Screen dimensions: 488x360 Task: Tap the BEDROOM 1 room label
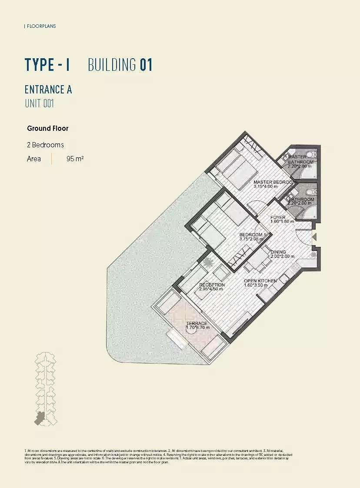[x=252, y=235]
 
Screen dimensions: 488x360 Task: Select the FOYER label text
[x=278, y=217]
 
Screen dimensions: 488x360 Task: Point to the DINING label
[x=278, y=252]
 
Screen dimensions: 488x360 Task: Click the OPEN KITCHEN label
[x=260, y=281]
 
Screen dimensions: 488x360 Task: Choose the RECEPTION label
[x=212, y=285]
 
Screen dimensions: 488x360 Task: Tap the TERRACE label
[x=197, y=323]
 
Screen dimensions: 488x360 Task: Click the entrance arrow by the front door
[x=314, y=237]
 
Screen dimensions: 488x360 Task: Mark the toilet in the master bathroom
[x=309, y=155]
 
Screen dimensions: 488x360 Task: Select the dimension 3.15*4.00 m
[x=265, y=186]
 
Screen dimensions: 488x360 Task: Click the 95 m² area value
[x=75, y=159]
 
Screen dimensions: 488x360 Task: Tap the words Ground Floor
[x=48, y=128]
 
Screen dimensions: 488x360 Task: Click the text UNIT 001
[x=39, y=103]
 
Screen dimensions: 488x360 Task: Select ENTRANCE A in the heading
[x=48, y=90]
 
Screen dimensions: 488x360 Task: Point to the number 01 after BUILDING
[x=146, y=65]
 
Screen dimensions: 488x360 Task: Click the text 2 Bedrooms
[x=45, y=145]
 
